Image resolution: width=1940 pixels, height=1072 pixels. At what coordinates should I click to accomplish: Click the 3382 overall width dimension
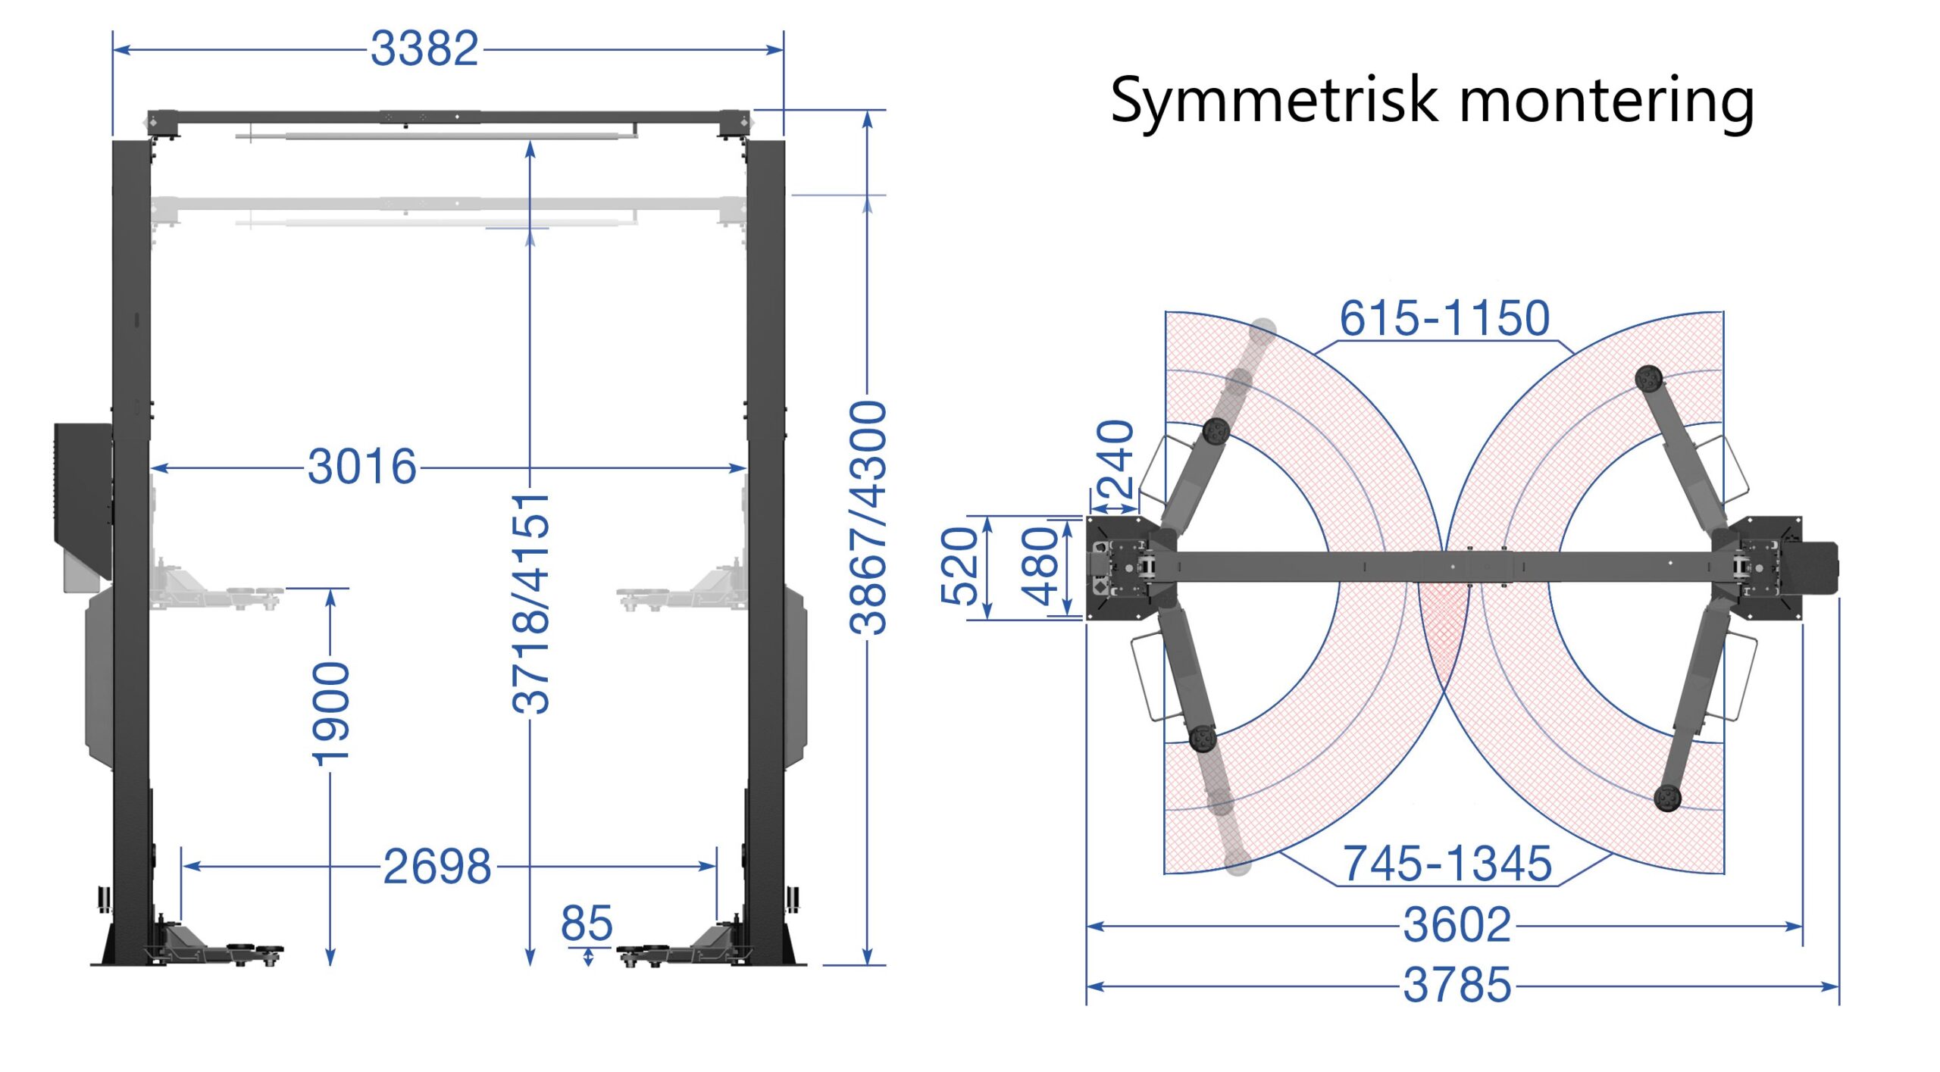click(x=424, y=49)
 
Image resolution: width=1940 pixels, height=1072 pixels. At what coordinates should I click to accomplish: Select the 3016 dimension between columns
click(x=362, y=467)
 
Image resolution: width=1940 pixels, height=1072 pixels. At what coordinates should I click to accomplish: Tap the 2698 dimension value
click(x=437, y=866)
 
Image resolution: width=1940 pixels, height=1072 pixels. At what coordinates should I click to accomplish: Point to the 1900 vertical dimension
click(x=331, y=713)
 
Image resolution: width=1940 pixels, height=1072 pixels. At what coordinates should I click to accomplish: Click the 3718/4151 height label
click(x=530, y=603)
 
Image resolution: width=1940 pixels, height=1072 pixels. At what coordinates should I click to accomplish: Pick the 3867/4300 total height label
click(x=868, y=518)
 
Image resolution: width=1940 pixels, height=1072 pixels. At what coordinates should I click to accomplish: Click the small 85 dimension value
click(x=587, y=924)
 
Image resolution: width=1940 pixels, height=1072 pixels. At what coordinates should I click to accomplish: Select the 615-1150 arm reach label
click(x=1444, y=318)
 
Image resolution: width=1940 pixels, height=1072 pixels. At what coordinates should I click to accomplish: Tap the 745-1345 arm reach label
click(x=1447, y=864)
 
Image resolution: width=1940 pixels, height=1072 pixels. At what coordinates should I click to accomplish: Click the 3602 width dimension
click(x=1457, y=925)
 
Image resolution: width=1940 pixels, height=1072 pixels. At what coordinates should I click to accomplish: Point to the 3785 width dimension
click(x=1457, y=986)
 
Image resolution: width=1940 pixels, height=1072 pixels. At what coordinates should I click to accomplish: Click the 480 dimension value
click(x=1039, y=566)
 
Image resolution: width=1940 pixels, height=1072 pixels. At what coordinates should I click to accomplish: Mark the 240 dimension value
click(x=1115, y=458)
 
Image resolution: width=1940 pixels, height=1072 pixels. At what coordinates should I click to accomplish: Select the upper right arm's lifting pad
click(x=1648, y=377)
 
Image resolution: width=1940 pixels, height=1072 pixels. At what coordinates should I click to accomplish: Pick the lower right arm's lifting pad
click(x=1667, y=797)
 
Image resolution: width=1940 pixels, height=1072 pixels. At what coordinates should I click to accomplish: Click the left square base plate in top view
click(x=1114, y=568)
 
